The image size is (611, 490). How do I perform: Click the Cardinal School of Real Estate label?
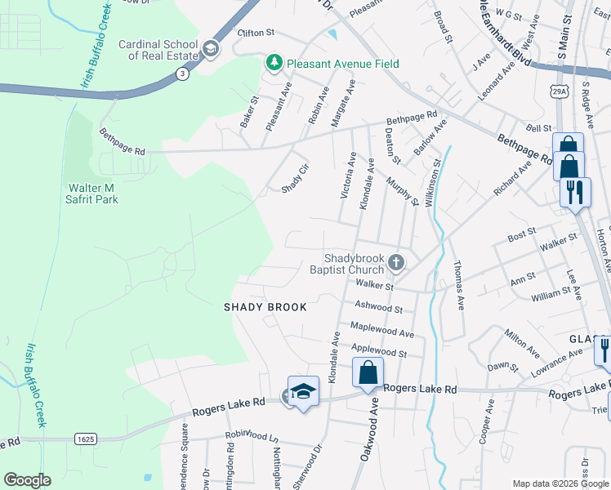pyautogui.click(x=158, y=50)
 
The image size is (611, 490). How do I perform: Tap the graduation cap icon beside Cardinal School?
pyautogui.click(x=210, y=50)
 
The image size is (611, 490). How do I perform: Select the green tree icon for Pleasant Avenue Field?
pyautogui.click(x=275, y=63)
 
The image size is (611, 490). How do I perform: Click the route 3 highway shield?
pyautogui.click(x=181, y=74)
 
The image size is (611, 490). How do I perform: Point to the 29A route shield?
pyautogui.click(x=559, y=87)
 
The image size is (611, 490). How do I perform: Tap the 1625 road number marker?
pyautogui.click(x=85, y=439)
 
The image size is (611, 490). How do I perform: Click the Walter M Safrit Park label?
pyautogui.click(x=93, y=194)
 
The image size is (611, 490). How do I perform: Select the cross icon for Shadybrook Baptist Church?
pyautogui.click(x=396, y=262)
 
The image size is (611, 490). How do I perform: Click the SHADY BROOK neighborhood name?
pyautogui.click(x=265, y=307)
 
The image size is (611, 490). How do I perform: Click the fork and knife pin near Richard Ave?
pyautogui.click(x=575, y=192)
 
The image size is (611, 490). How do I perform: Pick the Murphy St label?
pyautogui.click(x=402, y=192)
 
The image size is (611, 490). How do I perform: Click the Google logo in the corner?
pyautogui.click(x=27, y=480)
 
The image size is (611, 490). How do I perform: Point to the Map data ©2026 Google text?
pyautogui.click(x=559, y=483)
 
